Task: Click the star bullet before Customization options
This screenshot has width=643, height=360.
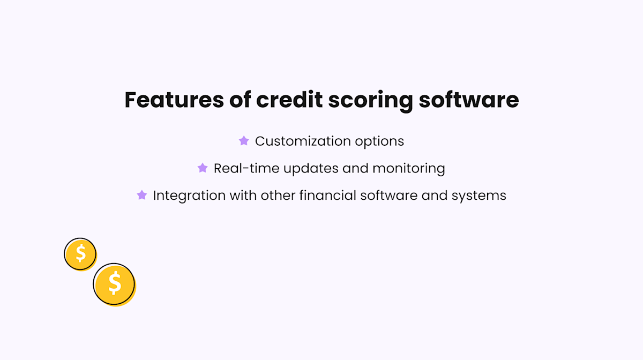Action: (244, 141)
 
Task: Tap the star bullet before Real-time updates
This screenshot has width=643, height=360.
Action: (203, 168)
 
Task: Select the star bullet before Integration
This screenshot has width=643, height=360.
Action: (142, 195)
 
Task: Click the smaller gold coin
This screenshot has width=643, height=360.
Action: (80, 253)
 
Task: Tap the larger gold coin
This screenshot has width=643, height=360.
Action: (114, 284)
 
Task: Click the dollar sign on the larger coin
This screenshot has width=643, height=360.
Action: (114, 283)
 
